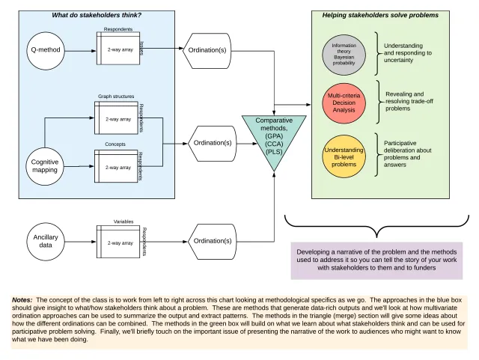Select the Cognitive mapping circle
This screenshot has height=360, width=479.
[45, 166]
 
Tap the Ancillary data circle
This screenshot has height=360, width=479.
[44, 240]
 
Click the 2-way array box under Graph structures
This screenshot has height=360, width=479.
[118, 120]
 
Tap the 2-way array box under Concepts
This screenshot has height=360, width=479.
[118, 167]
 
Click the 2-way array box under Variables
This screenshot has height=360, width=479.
[118, 242]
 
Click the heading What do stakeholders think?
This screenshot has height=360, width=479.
[97, 16]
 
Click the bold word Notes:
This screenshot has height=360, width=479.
[22, 300]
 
